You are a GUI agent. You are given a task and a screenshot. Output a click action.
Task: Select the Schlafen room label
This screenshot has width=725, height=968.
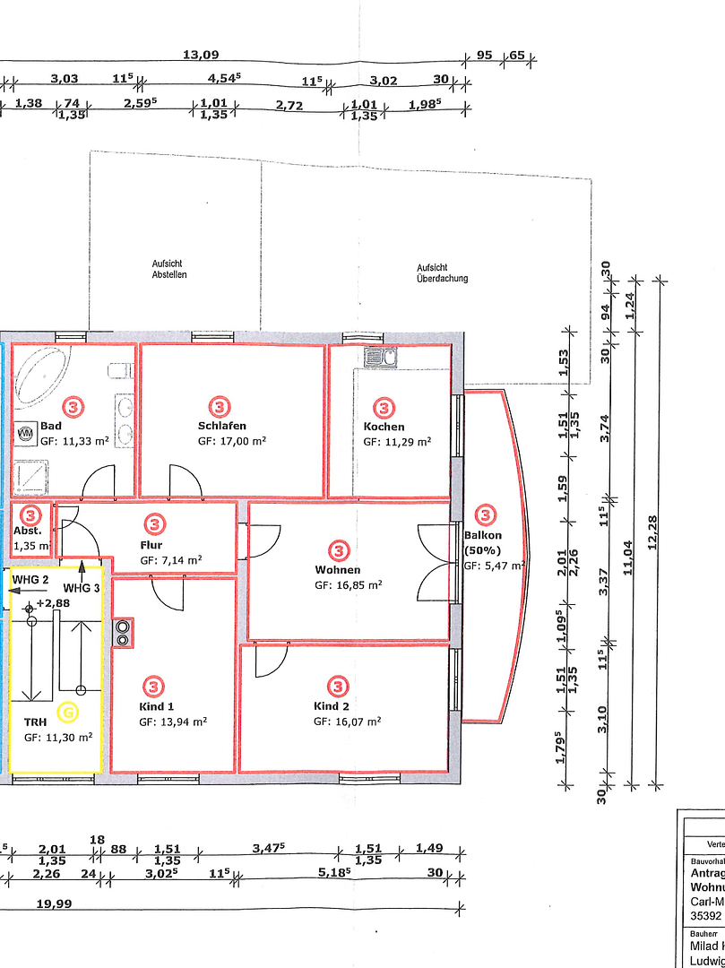coord(222,426)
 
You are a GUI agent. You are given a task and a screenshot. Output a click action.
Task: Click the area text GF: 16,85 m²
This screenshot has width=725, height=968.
coord(349,585)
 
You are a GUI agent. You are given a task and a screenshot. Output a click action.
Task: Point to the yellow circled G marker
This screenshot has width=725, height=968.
coord(68,713)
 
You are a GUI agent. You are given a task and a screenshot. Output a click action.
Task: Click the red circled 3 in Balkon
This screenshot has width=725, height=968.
coord(485,514)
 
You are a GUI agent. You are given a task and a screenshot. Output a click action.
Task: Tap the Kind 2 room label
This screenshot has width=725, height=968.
coord(332,706)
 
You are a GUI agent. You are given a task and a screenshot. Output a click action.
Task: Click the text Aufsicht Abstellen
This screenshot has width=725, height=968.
coord(169,270)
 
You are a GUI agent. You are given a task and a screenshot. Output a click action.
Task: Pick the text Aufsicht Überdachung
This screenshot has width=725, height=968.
coord(442,272)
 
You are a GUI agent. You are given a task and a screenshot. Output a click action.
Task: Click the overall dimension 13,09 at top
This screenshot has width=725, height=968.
coord(201,55)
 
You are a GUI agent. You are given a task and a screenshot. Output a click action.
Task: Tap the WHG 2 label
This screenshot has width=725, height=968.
coord(30,580)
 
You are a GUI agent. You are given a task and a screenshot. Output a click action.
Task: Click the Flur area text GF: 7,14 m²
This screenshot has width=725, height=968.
coord(170,560)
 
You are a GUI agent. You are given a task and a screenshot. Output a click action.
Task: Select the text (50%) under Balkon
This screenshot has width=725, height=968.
coord(483,550)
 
